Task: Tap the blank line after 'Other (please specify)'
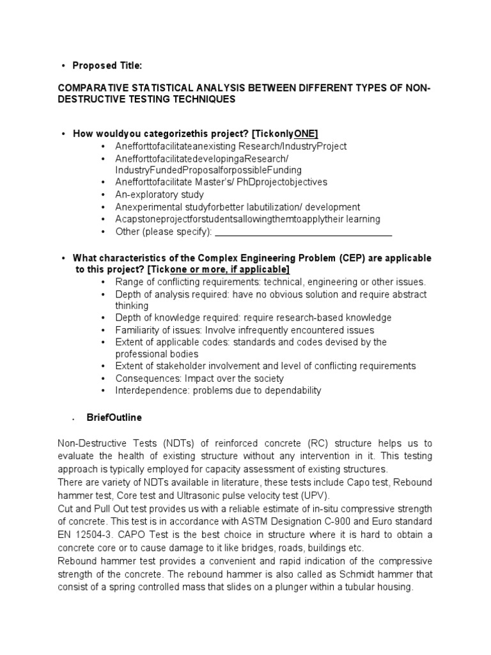(303, 231)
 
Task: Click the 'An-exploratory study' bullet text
(160, 194)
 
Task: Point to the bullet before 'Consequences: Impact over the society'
(104, 379)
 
